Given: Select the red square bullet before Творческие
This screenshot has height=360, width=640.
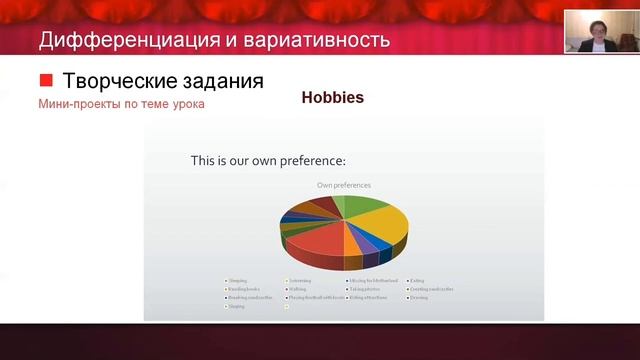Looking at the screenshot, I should [x=45, y=80].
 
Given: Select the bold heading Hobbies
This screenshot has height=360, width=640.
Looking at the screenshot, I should [x=332, y=98].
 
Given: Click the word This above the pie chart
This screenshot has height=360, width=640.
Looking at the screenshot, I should [x=203, y=160].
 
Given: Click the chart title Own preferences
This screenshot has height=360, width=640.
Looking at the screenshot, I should [x=343, y=185].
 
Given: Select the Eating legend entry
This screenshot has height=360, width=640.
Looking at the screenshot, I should [x=421, y=281].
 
